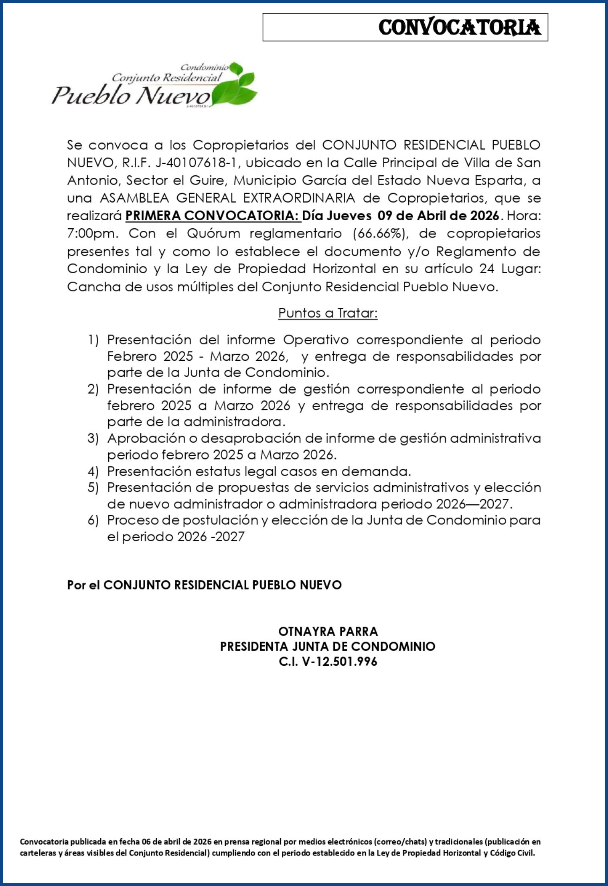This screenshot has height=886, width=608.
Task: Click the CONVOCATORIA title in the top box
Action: coord(460,28)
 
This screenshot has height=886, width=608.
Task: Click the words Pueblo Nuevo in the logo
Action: coord(131,96)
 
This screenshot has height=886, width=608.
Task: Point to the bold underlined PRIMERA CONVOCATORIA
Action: coord(213,216)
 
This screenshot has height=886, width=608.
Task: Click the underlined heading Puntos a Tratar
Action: coord(328,313)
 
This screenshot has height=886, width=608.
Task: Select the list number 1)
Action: coord(93,340)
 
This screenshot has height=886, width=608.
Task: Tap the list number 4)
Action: coord(93,471)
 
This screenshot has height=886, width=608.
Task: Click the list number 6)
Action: coord(93,520)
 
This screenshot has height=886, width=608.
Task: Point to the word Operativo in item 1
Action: coord(316,340)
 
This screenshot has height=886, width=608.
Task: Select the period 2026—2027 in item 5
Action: coord(472,504)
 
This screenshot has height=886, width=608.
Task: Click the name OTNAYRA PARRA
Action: coord(328,632)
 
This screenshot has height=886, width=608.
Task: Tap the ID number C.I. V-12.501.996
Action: coord(328,661)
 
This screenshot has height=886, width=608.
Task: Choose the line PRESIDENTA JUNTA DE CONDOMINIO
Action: coord(328,646)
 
